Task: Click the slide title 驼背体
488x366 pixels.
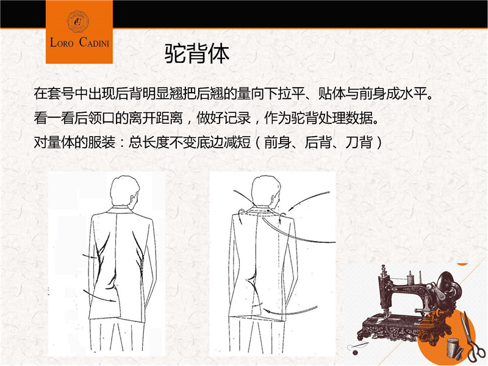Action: tap(196, 54)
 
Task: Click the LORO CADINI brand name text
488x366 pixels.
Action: tap(80, 42)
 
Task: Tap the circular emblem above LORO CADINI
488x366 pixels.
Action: tap(78, 21)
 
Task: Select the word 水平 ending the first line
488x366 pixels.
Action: tap(414, 93)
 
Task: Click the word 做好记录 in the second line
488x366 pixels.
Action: tap(224, 118)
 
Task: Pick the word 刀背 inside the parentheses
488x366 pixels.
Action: tap(359, 143)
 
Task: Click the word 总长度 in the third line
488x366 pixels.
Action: tap(149, 143)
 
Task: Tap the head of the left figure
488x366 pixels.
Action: tap(125, 190)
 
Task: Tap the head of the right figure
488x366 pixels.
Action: tap(266, 190)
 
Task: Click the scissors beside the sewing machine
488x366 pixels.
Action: tap(472, 339)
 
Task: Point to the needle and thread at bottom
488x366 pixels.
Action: tap(358, 348)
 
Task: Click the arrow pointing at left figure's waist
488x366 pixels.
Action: tap(90, 257)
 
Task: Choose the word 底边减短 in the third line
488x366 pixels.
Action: tap(224, 143)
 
